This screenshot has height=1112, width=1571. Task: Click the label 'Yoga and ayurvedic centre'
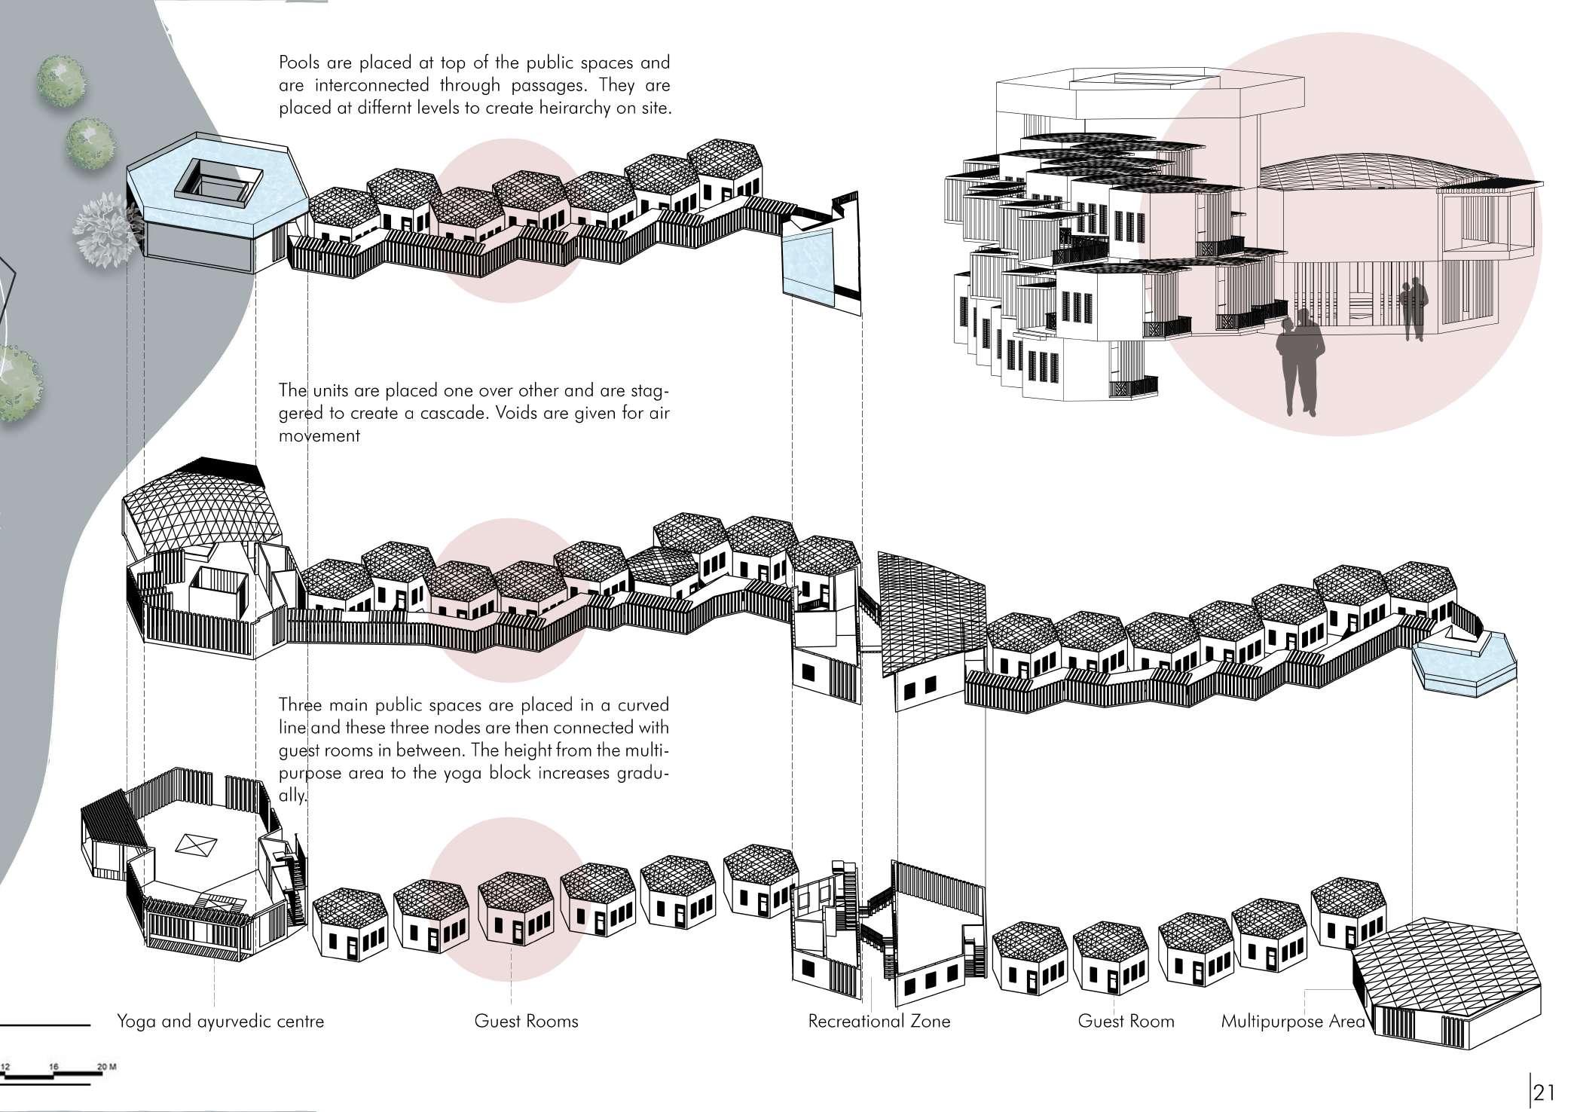pyautogui.click(x=220, y=1022)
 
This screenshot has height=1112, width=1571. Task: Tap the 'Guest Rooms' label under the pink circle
pyautogui.click(x=526, y=1022)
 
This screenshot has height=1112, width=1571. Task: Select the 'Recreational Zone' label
pyautogui.click(x=879, y=1022)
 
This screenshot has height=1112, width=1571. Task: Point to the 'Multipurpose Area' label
pyautogui.click(x=1292, y=1022)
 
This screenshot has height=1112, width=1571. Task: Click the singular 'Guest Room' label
pyautogui.click(x=1126, y=1022)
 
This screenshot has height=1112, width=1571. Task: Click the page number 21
pyautogui.click(x=1545, y=1092)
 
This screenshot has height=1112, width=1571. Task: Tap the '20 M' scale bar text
pyautogui.click(x=107, y=1067)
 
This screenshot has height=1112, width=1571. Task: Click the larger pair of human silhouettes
pyautogui.click(x=1301, y=362)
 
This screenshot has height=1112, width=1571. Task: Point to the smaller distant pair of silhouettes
pyautogui.click(x=1414, y=308)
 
